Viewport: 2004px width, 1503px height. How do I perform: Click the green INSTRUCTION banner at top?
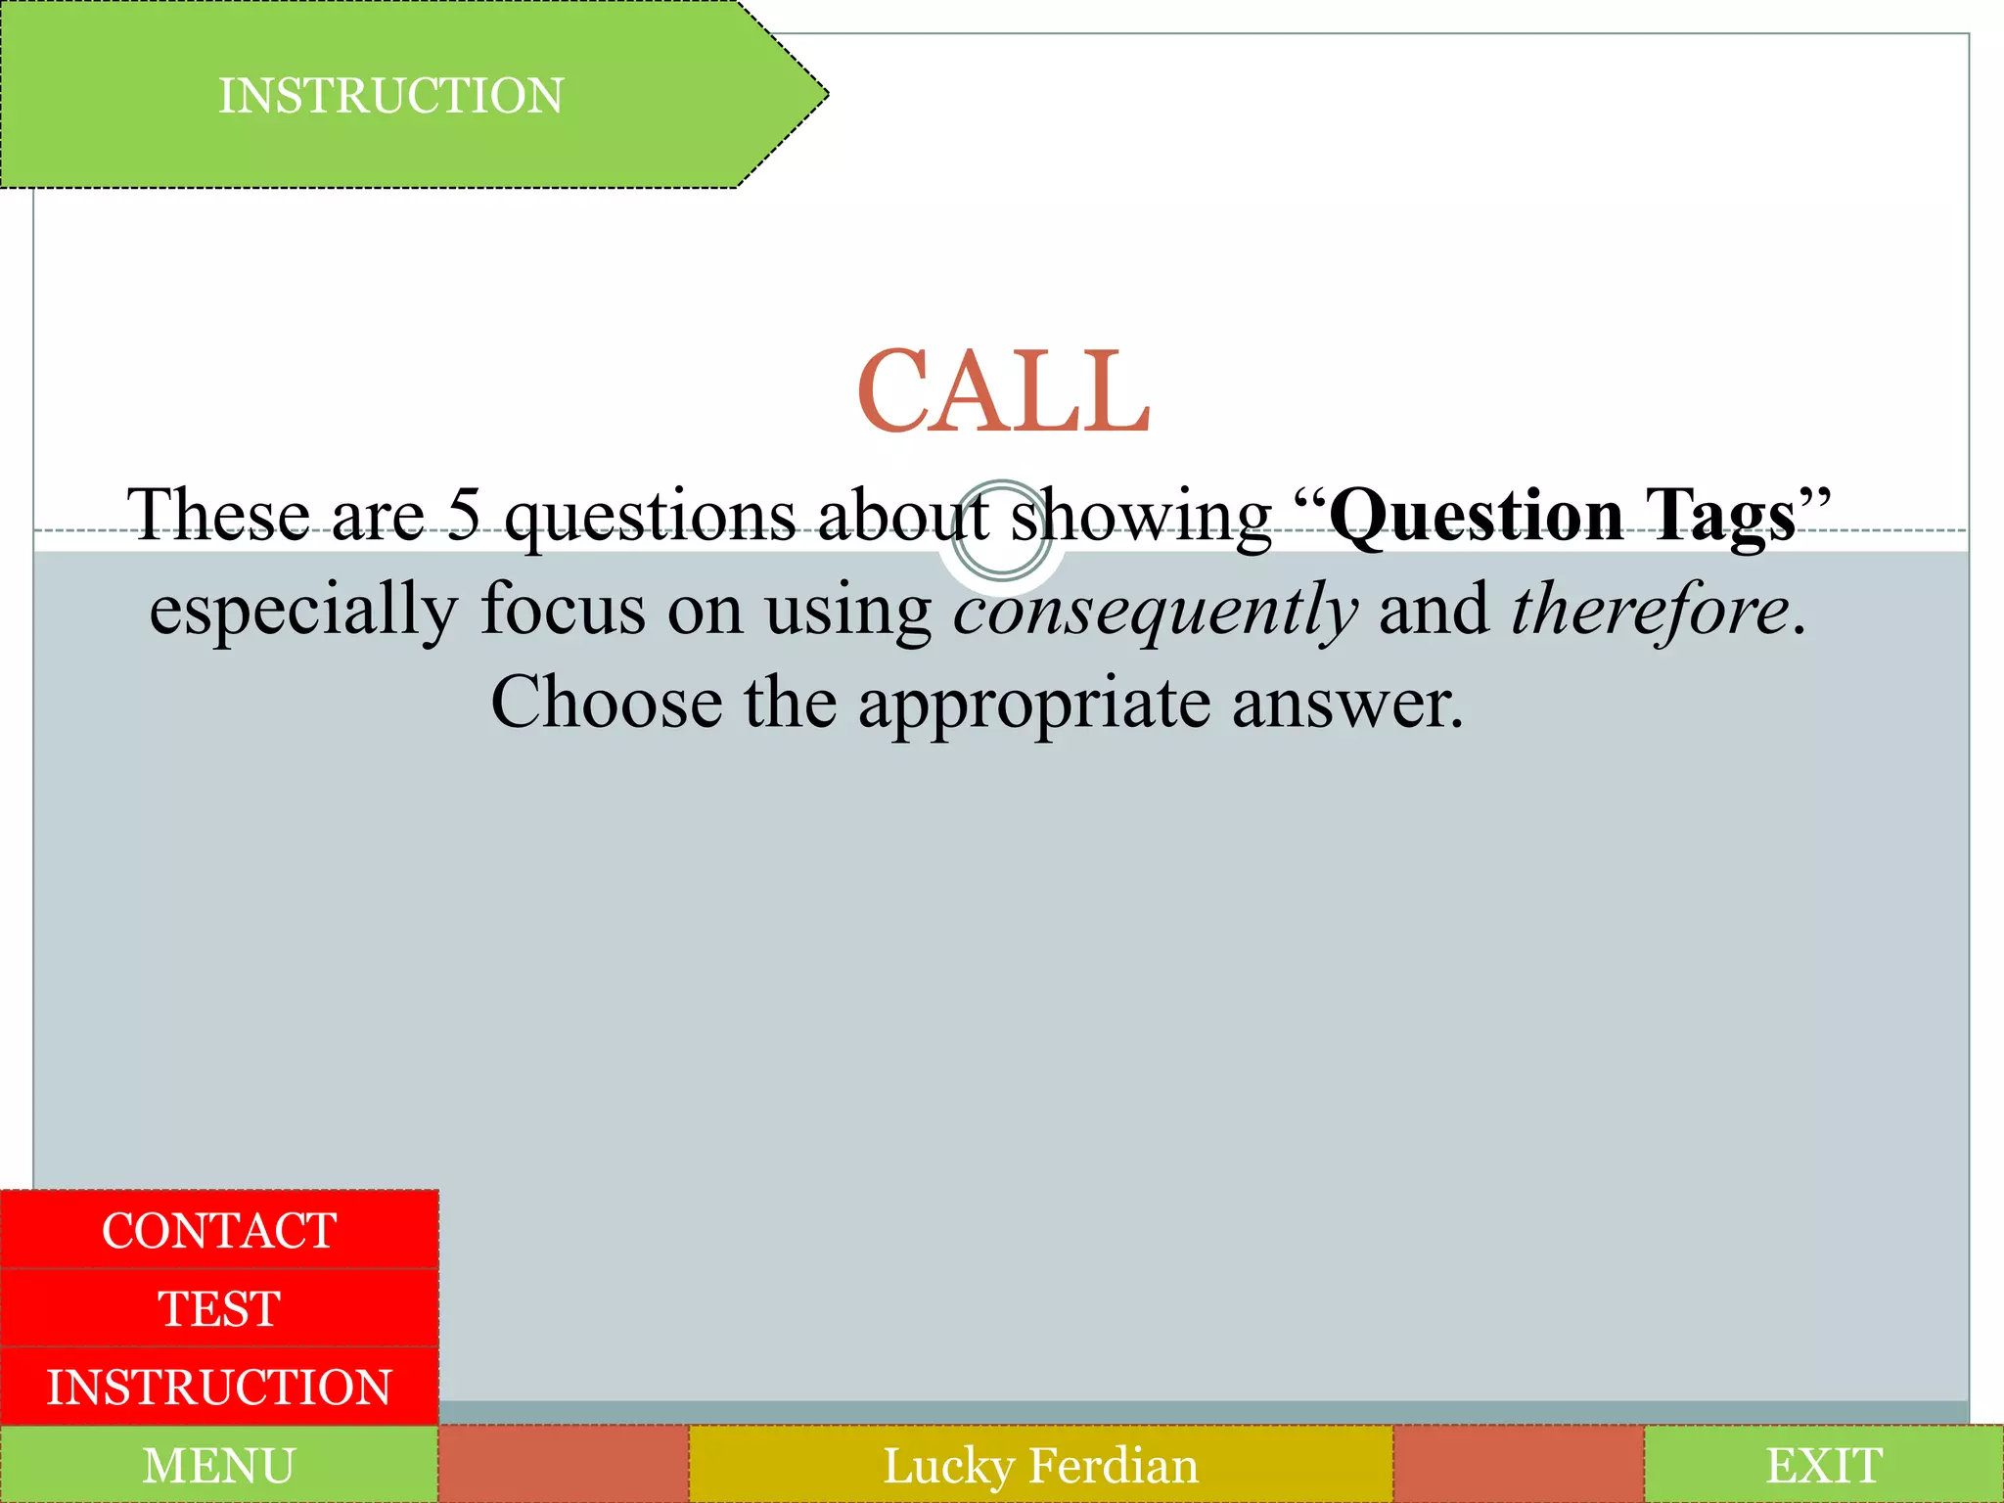point(391,96)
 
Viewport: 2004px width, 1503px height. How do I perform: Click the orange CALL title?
point(1003,391)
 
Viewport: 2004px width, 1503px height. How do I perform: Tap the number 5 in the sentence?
point(464,514)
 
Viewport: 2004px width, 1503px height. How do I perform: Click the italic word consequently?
point(1156,610)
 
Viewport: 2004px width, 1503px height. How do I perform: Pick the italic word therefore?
point(1650,608)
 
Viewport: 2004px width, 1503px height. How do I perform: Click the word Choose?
point(606,702)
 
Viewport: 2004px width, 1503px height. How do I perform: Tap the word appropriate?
point(1034,704)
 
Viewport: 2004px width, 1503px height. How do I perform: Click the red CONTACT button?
point(219,1230)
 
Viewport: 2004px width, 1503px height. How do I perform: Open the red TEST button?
point(219,1308)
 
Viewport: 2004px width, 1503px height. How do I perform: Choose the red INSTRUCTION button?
point(219,1387)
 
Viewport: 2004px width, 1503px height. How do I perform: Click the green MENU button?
point(219,1465)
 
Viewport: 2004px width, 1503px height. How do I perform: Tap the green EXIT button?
point(1824,1465)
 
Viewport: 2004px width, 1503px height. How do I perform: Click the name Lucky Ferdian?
point(1040,1465)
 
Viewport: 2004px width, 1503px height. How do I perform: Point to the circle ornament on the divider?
point(1001,531)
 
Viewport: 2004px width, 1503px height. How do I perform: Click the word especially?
point(303,610)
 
